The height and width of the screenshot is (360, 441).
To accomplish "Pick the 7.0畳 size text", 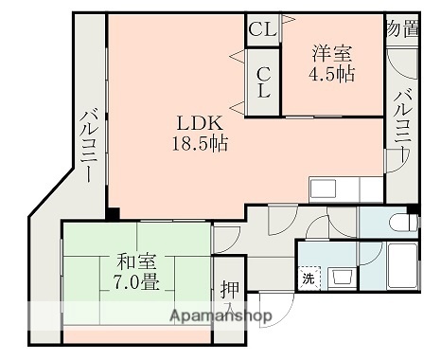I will point(136,281).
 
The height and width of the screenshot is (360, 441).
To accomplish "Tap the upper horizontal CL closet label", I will point(262,29).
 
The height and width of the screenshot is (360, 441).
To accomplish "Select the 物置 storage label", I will point(402,29).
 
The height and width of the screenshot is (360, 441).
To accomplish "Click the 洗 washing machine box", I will point(309,279).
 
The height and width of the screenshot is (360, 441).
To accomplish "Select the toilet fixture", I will point(401,224).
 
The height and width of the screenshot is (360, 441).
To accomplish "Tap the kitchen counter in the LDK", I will point(344,189).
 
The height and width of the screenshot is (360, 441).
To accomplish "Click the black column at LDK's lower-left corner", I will point(113,212).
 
